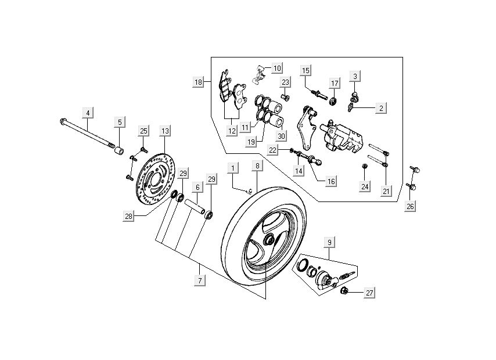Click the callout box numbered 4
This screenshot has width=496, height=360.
[x=88, y=112]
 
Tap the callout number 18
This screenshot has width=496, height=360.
[x=199, y=82]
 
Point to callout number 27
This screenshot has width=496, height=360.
[x=369, y=294]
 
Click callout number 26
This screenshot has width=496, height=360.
[x=411, y=207]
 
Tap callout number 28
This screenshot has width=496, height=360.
[x=128, y=217]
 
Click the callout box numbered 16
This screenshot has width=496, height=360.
[x=330, y=181]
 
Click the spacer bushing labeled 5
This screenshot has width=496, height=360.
[x=119, y=152]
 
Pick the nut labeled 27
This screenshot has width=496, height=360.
[x=343, y=291]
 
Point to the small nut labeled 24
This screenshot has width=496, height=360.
[x=365, y=167]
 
